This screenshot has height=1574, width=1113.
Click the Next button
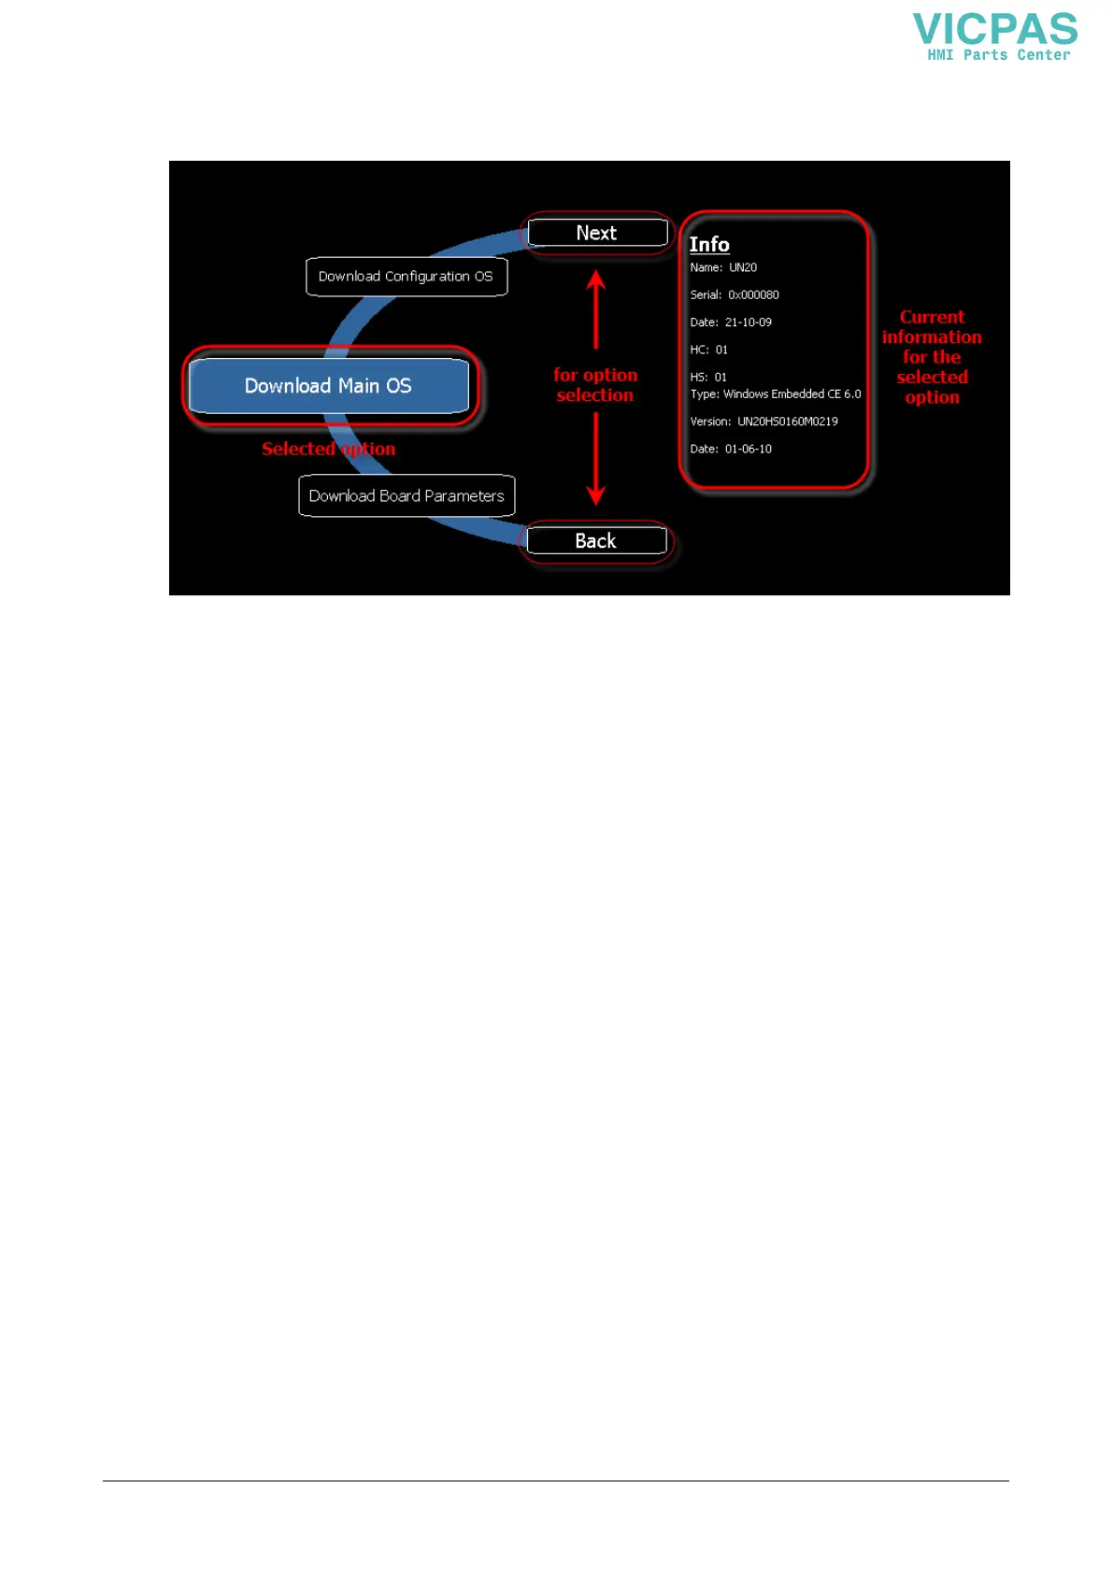point(597,233)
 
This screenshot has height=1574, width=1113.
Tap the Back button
point(596,541)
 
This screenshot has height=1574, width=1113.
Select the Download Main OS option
point(328,386)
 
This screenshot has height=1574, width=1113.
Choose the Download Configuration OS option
point(406,277)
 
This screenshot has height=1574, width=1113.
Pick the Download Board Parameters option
point(407,496)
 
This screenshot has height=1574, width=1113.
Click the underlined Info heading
point(709,245)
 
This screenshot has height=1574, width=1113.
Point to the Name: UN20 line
point(723,268)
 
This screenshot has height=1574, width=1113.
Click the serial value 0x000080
point(753,295)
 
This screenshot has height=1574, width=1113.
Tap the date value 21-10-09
point(749,322)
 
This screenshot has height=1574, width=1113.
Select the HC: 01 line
point(708,350)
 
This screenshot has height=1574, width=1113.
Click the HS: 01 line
point(708,378)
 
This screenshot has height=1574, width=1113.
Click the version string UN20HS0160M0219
point(788,422)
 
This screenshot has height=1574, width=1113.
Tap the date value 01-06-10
point(749,450)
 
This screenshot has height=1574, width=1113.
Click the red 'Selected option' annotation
point(328,450)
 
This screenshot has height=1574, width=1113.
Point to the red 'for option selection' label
point(595,385)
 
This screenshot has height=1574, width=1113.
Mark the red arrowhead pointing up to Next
point(596,279)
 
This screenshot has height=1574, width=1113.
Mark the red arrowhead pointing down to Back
point(596,495)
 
